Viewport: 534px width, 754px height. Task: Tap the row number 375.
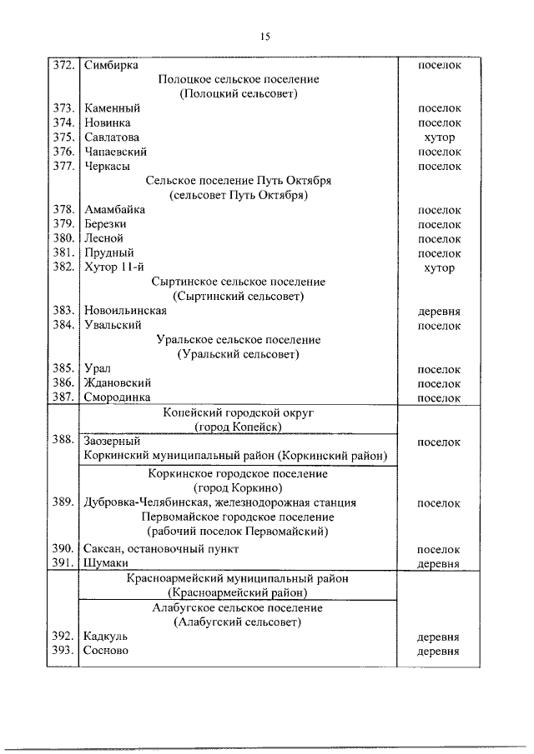coord(63,137)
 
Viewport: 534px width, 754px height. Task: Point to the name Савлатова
coord(112,137)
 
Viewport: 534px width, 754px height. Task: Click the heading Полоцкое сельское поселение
coord(239,79)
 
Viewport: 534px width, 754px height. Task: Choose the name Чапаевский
coord(116,152)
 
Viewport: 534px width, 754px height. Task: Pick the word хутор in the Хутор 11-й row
coord(439,268)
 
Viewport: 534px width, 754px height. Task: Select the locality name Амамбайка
coord(114,210)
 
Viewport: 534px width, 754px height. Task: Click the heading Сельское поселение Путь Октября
coord(239,181)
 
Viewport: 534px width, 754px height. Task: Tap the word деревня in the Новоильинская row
coord(439,312)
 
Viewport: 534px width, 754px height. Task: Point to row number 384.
coord(63,326)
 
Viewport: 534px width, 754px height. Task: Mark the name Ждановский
coord(117,383)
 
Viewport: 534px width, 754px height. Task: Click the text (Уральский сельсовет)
coord(239,355)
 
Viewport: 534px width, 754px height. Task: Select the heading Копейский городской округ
coord(238,413)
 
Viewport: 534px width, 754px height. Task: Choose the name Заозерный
coord(112,442)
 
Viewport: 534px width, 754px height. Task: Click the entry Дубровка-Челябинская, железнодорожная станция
coord(220,503)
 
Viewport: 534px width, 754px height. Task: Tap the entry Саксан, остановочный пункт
coord(161,549)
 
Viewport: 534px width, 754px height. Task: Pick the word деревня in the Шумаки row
coord(439,564)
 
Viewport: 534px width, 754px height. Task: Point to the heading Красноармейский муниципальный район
coord(238,578)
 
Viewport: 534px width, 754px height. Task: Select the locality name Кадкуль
coord(106,637)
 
